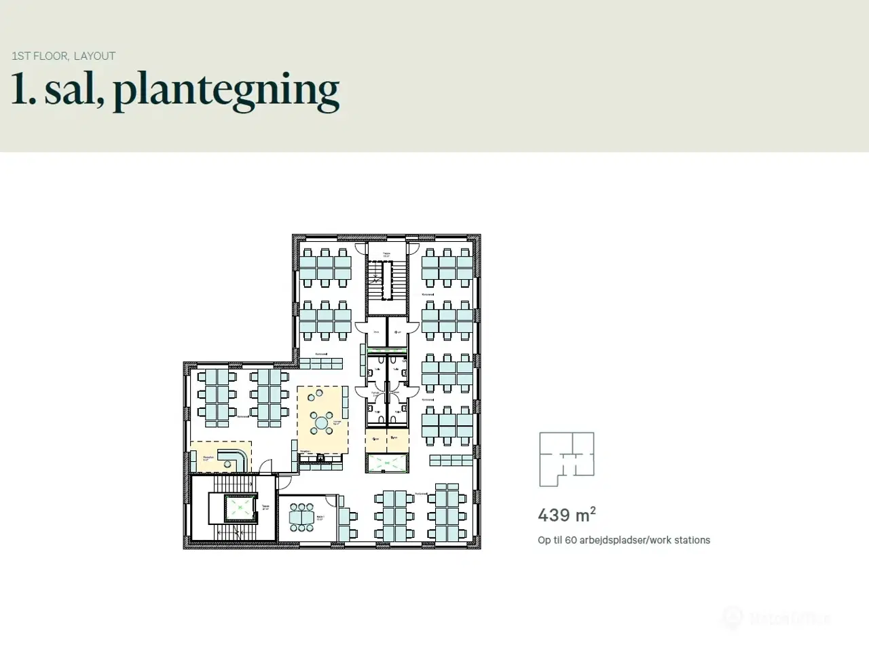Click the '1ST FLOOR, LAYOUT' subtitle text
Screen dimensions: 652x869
coord(64,56)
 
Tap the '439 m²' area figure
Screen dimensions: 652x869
coord(567,515)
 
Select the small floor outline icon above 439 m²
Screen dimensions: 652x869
coord(567,459)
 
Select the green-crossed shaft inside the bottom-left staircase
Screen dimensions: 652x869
coord(238,506)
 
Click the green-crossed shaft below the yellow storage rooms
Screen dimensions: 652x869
coord(387,463)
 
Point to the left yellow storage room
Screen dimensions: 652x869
coord(376,439)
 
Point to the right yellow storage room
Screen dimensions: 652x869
coord(397,439)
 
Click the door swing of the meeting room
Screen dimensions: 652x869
coord(331,501)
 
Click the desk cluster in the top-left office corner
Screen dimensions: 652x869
coord(325,266)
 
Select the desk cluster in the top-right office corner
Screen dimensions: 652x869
coord(447,266)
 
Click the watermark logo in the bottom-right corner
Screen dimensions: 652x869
coord(732,618)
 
